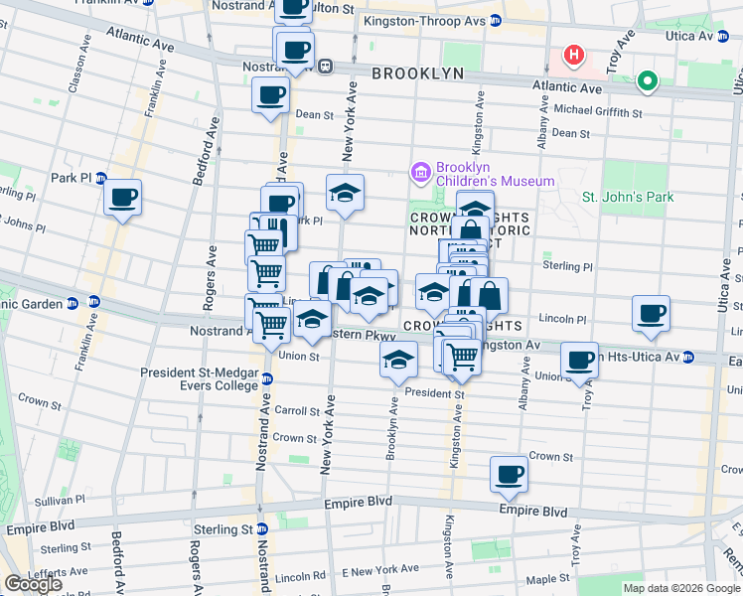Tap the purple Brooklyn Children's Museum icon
coord(421,174)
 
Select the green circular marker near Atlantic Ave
coord(648,81)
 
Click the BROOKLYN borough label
coord(417,74)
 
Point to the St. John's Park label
coord(628,197)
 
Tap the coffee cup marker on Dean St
coord(271,96)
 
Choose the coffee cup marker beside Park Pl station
coord(123,197)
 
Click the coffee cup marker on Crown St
coord(510,474)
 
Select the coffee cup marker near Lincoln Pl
coord(652,313)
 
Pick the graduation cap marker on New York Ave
coord(345,192)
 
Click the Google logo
coord(33,584)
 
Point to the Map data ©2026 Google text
coord(681,588)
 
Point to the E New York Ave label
coord(380,569)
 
